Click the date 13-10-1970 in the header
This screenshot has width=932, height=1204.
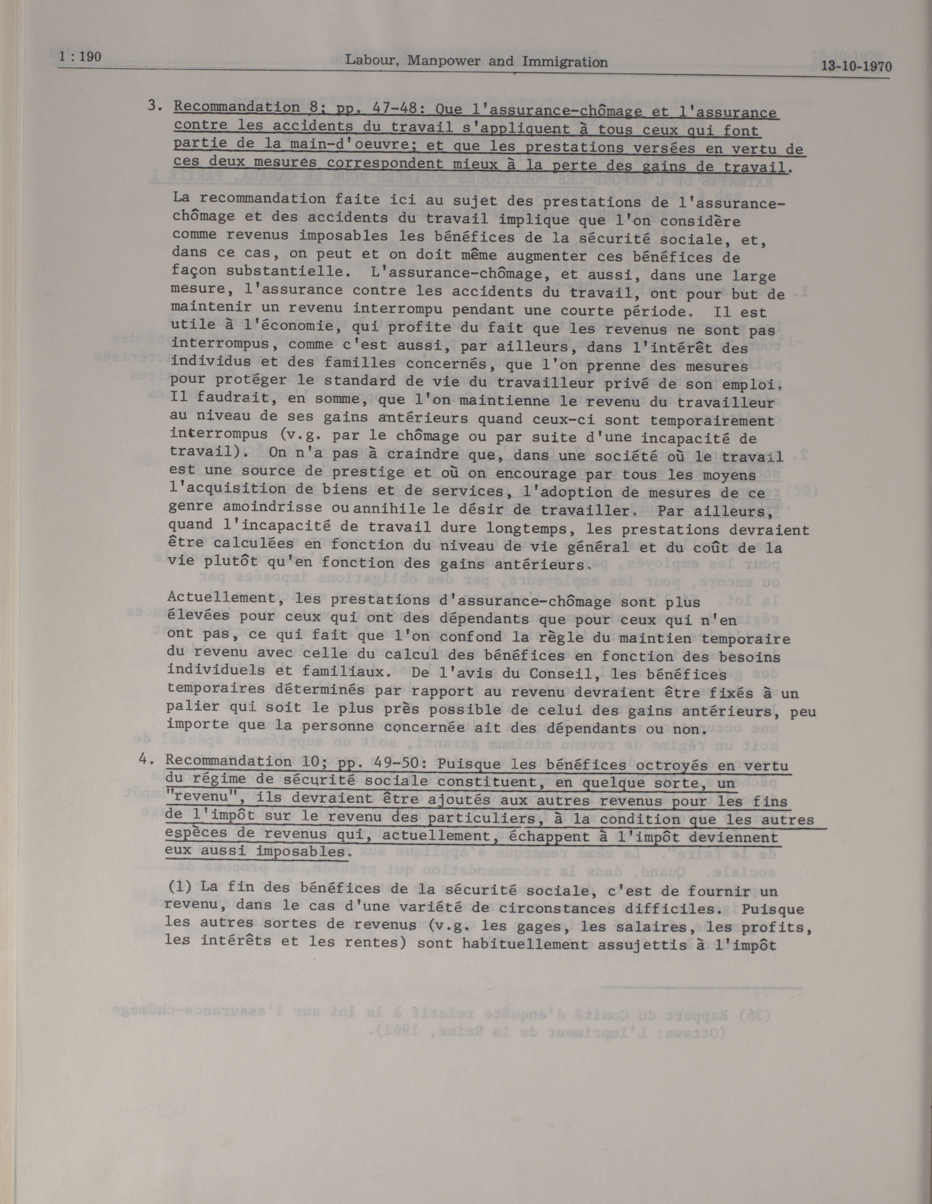click(x=856, y=67)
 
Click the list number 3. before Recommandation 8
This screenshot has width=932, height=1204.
click(x=154, y=106)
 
